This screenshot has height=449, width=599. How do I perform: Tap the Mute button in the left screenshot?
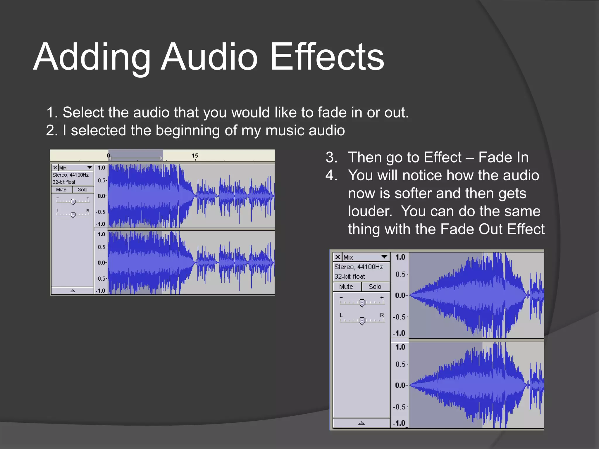coord(61,190)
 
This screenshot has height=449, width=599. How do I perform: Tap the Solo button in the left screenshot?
coord(82,190)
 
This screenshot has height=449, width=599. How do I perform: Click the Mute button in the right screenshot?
coord(346,287)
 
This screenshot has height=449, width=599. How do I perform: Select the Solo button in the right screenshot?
coord(375,287)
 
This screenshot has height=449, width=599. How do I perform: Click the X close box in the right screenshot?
coord(338,257)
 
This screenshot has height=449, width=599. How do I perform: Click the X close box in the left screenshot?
coord(55,167)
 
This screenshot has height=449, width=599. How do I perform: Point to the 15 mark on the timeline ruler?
coord(195,156)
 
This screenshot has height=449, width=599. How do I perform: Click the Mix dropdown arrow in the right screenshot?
coord(384,257)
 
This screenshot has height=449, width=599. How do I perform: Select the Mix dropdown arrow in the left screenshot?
coord(89,167)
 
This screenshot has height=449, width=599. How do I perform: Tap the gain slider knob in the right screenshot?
coord(362,303)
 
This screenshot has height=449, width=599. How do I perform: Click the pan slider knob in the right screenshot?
coord(362,321)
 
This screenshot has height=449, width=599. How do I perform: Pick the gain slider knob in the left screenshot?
coord(73,201)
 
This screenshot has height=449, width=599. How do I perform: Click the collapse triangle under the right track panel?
coord(362,423)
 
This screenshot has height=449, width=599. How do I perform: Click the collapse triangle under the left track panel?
coord(73,291)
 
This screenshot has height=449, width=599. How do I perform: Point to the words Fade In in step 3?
coord(503,158)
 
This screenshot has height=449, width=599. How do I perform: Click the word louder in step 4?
coord(370,211)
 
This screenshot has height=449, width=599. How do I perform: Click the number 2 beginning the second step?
coord(50,130)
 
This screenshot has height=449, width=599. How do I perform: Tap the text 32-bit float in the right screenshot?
coord(350,277)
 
